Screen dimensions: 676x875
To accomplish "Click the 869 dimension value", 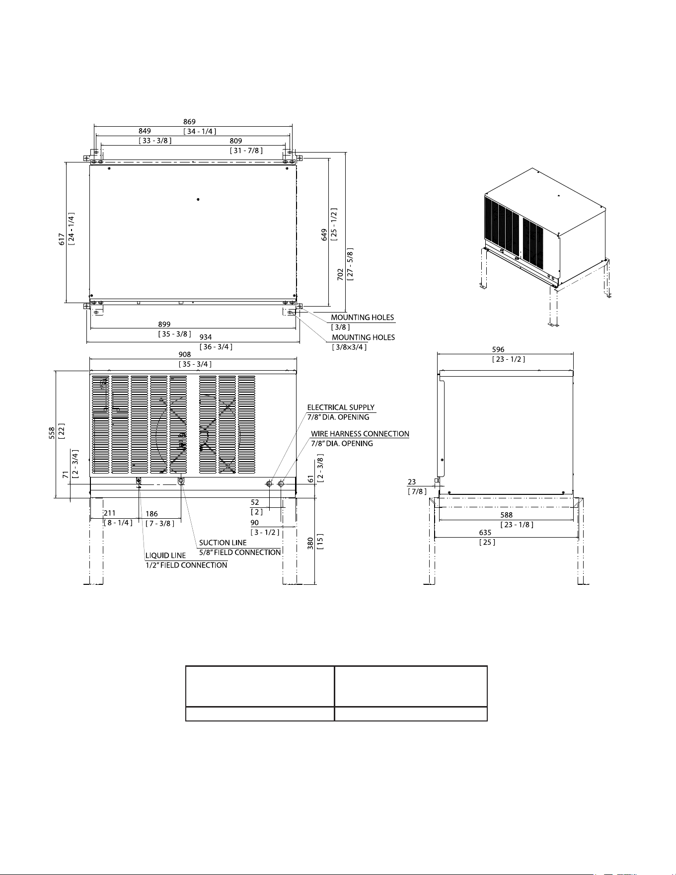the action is (189, 122).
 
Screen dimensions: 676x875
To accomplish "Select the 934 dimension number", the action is (206, 337).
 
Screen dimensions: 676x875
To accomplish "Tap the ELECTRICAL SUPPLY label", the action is (341, 407).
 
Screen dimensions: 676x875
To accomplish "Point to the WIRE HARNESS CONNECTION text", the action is (360, 434).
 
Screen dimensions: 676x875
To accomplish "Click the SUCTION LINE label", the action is (223, 543).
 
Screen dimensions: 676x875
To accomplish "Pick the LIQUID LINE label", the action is (165, 556).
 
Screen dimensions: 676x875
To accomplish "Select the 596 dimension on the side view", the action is (498, 350).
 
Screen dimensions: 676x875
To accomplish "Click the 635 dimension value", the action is (485, 533).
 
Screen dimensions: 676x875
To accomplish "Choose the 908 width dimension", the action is (184, 355).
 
